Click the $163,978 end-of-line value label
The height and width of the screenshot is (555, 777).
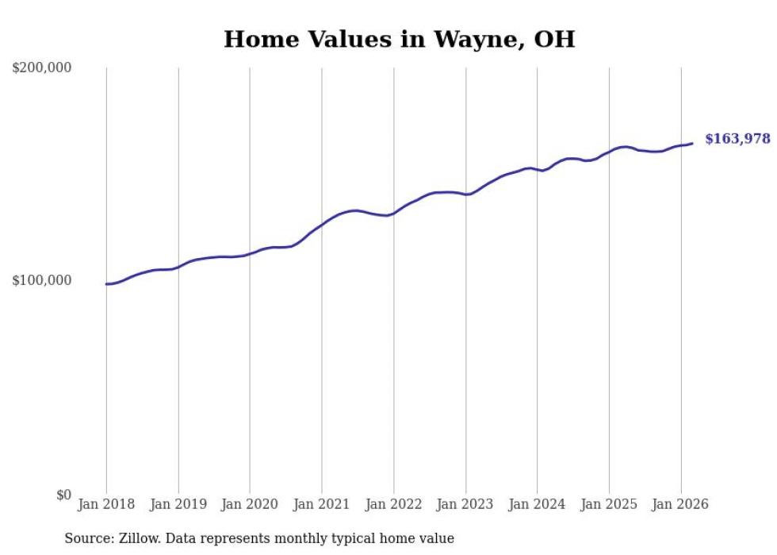(737, 139)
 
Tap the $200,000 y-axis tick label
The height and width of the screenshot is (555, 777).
(42, 68)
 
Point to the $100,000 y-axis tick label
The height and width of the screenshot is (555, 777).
(42, 280)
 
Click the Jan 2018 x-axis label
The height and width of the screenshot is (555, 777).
(106, 504)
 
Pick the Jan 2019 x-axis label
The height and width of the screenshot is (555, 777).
(178, 504)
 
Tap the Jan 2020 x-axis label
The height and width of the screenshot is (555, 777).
(250, 504)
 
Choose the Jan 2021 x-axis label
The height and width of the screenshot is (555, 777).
(322, 504)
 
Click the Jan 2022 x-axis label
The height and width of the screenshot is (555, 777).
(393, 504)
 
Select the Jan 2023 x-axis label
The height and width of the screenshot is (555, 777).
(465, 504)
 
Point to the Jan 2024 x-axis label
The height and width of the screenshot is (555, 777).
(537, 504)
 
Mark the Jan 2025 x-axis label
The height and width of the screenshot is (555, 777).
(609, 504)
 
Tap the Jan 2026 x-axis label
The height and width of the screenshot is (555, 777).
(680, 504)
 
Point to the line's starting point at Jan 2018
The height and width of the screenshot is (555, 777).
(106, 283)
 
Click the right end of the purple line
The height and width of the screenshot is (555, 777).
(692, 144)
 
